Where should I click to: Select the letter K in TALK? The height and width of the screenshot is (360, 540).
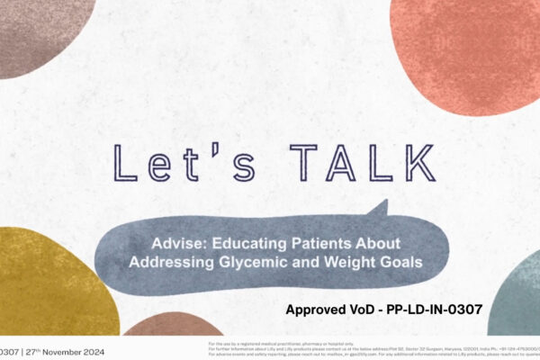391,166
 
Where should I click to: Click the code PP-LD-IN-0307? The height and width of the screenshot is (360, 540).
431,310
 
